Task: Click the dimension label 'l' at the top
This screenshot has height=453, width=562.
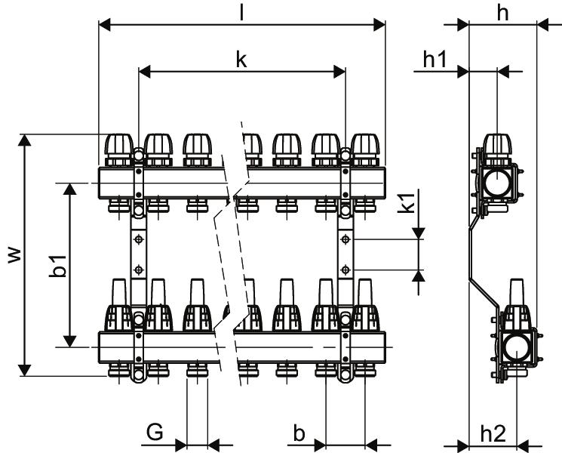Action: point(242,14)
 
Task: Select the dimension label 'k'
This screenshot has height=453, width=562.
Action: point(241,59)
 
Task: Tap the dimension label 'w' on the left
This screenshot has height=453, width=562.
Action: point(14,255)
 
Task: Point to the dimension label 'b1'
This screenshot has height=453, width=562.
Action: point(57,266)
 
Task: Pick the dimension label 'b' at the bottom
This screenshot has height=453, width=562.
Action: point(299,433)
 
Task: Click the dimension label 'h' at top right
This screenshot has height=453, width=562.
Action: point(503,14)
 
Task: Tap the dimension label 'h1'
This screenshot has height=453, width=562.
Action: point(435,59)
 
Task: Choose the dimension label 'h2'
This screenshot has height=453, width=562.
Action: point(493,433)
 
